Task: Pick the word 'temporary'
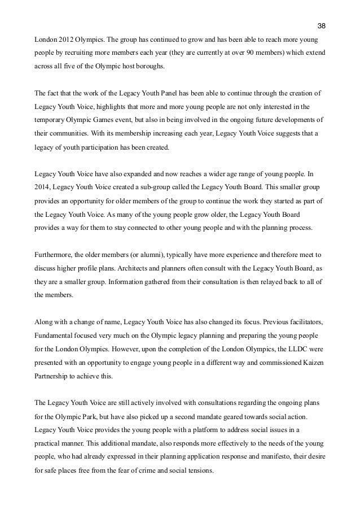[x=50, y=119]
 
